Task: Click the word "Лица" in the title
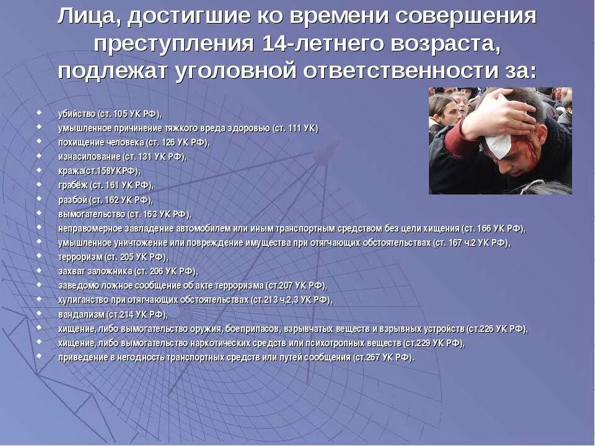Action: click(x=87, y=17)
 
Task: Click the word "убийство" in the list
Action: click(x=77, y=114)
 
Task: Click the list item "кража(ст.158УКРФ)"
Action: click(x=99, y=171)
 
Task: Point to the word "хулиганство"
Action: click(x=83, y=300)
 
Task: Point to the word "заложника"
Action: click(x=111, y=271)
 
